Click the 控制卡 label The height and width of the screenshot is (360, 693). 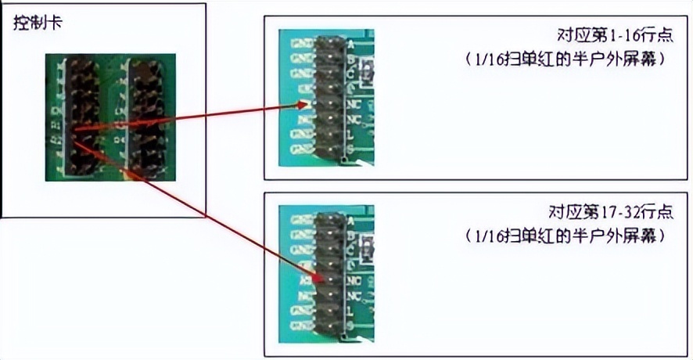point(38,23)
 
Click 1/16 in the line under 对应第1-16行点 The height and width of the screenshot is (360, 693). point(483,59)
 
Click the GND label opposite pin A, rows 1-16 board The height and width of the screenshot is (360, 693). point(301,44)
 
